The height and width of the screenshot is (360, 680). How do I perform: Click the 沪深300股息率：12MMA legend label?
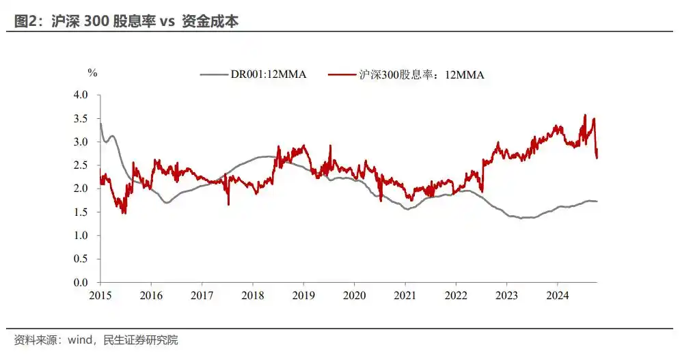[422, 75]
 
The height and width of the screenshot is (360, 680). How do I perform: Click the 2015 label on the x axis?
[100, 295]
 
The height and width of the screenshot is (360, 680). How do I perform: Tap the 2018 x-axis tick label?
[253, 295]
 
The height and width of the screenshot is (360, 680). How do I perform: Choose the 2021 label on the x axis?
[405, 295]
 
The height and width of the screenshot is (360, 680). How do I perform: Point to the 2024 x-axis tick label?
[558, 295]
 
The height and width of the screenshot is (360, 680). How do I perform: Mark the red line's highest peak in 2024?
[585, 115]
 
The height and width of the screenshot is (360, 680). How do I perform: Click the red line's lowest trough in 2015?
[124, 213]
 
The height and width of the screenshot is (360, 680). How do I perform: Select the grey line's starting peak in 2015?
[101, 123]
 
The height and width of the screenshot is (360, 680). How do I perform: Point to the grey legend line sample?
[213, 74]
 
